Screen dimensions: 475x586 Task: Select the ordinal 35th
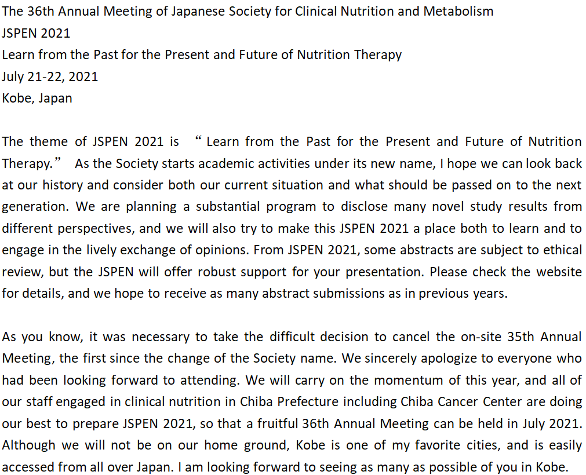pyautogui.click(x=503, y=337)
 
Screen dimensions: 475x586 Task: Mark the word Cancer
pyautogui.click(x=456, y=402)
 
